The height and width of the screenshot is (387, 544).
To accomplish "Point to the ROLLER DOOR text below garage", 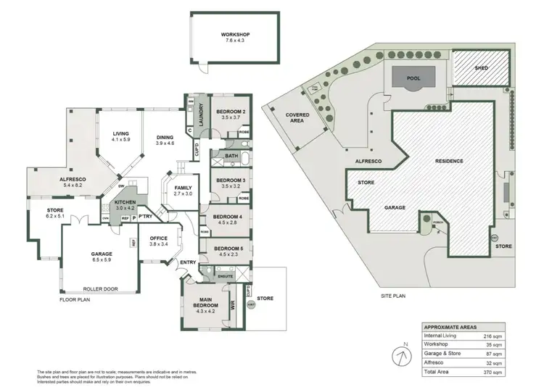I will tap(99, 288).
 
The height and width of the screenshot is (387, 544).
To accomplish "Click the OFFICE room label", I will tap(159, 238).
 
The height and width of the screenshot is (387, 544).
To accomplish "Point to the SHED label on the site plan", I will tap(482, 68).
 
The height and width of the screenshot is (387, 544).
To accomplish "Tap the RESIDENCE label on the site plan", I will tap(448, 161).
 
